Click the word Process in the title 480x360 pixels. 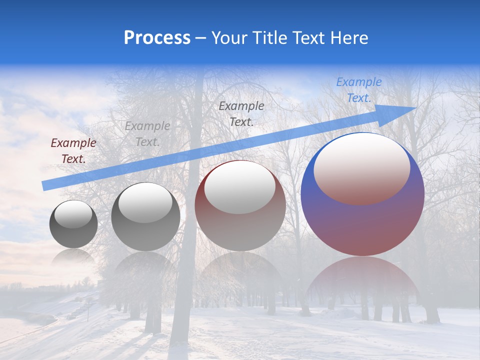click(157, 38)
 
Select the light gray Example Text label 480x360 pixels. click(147, 134)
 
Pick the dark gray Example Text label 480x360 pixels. click(241, 113)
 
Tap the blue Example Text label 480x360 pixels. click(358, 90)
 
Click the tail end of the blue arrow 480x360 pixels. click(45, 185)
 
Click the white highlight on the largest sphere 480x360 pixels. click(361, 167)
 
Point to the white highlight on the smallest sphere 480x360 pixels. click(73, 214)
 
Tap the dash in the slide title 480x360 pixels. click(201, 38)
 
